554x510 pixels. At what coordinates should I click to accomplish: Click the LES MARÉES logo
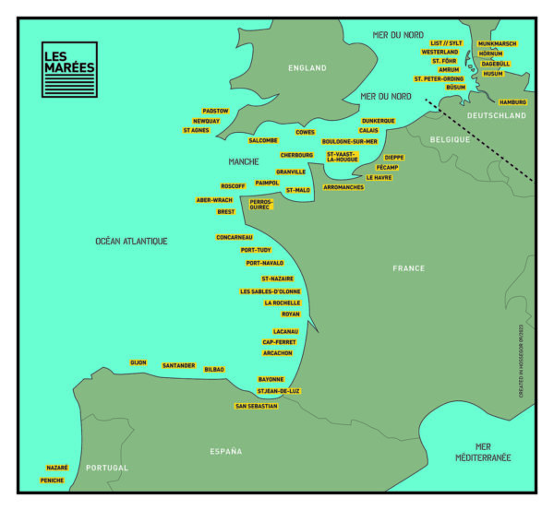(69, 69)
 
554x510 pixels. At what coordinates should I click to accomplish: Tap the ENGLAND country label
(307, 68)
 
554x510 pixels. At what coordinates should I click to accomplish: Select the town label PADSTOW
(215, 111)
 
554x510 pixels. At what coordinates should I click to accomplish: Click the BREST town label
(226, 211)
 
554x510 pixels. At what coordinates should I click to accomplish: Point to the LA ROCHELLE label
(282, 302)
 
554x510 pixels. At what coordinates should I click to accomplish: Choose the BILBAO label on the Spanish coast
(214, 369)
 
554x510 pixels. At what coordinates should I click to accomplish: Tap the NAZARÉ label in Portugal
(57, 468)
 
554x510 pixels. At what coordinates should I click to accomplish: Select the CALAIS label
(368, 131)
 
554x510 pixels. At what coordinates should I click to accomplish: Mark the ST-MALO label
(297, 190)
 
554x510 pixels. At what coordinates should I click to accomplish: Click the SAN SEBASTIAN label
(256, 406)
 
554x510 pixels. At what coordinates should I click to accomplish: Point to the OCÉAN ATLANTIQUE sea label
(131, 241)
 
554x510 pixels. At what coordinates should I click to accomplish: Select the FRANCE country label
(408, 268)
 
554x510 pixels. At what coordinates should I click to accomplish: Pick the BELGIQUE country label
(451, 138)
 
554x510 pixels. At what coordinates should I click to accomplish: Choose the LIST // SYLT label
(446, 42)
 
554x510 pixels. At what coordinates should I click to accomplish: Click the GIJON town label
(138, 362)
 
